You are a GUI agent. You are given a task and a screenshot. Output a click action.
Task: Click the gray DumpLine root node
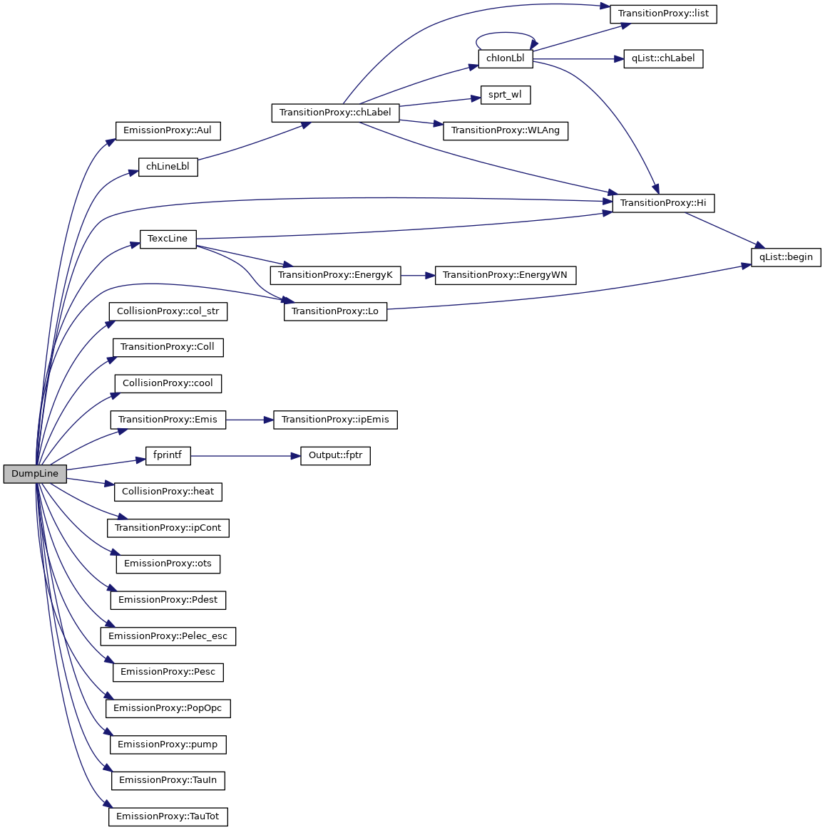[35, 474]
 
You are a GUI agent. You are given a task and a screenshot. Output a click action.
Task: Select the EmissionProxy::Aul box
[168, 130]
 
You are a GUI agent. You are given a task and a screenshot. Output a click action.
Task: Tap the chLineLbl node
[168, 167]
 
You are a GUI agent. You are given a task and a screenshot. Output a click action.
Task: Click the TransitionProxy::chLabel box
[335, 113]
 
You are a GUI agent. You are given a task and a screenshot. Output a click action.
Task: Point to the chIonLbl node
[506, 58]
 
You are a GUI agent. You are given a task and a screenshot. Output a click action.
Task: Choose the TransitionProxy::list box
[663, 14]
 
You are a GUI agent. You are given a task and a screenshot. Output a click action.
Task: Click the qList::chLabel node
[663, 58]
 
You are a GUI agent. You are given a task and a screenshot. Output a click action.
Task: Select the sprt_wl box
[506, 95]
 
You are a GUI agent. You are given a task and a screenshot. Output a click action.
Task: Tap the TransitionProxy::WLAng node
[506, 130]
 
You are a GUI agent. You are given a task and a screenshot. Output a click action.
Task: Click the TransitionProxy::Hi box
[663, 203]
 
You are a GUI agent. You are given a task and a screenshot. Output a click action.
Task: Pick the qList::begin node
[786, 257]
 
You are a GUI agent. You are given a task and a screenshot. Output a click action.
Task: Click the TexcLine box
[168, 239]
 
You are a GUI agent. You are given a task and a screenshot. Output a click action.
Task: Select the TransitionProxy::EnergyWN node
[506, 275]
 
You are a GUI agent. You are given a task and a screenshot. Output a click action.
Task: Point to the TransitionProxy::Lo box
[335, 311]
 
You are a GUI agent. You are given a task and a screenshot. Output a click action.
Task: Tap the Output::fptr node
[335, 455]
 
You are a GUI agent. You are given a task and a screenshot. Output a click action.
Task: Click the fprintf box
[168, 455]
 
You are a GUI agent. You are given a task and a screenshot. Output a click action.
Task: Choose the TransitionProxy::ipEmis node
[335, 420]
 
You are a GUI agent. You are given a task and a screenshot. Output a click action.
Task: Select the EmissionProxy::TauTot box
[168, 816]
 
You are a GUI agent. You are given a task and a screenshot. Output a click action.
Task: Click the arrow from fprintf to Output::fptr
[242, 455]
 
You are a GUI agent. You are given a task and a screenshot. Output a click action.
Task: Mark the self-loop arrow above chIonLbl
[506, 33]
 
